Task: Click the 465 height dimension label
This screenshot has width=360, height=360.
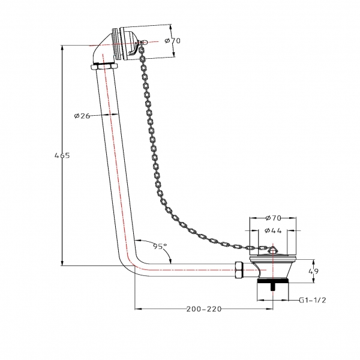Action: pyautogui.click(x=62, y=155)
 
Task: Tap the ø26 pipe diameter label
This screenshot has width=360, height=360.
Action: pyautogui.click(x=82, y=116)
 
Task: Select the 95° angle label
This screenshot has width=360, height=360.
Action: pyautogui.click(x=160, y=247)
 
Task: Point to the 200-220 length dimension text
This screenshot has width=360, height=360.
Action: pyautogui.click(x=204, y=309)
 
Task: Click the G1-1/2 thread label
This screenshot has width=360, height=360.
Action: pyautogui.click(x=313, y=300)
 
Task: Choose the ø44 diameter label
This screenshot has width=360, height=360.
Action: pyautogui.click(x=273, y=230)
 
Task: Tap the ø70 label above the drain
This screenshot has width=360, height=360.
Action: pyautogui.click(x=273, y=218)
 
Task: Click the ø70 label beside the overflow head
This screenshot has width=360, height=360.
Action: pyautogui.click(x=173, y=41)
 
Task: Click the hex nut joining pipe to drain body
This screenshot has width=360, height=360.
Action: pyautogui.click(x=239, y=270)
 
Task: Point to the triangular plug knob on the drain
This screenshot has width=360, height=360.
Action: pyautogui.click(x=273, y=249)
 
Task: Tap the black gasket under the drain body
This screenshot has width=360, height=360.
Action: pyautogui.click(x=272, y=281)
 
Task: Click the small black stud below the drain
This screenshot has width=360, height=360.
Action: pyautogui.click(x=273, y=287)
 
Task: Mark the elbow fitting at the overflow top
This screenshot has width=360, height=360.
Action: pyautogui.click(x=103, y=49)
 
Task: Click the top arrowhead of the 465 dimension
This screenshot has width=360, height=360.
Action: pyautogui.click(x=62, y=48)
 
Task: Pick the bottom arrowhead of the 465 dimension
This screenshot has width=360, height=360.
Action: pyautogui.click(x=62, y=263)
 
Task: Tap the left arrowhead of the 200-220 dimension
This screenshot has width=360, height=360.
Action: pyautogui.click(x=137, y=309)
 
